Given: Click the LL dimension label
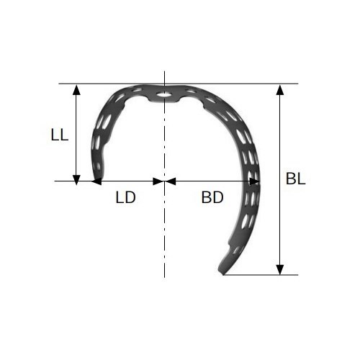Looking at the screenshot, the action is point(60,135).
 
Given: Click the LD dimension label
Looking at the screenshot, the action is point(126,197).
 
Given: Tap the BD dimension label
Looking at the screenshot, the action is point(212,197).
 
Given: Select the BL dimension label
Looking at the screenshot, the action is point(296,179).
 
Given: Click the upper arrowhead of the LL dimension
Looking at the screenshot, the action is point(76,90).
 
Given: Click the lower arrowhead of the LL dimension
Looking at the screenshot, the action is point(76,180).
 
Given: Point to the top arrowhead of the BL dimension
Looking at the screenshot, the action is point(280,90).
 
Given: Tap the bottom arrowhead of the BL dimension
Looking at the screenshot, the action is point(280,269).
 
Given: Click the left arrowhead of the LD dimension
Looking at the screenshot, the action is point(96,181).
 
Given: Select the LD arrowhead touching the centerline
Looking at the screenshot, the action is point(158,181).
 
